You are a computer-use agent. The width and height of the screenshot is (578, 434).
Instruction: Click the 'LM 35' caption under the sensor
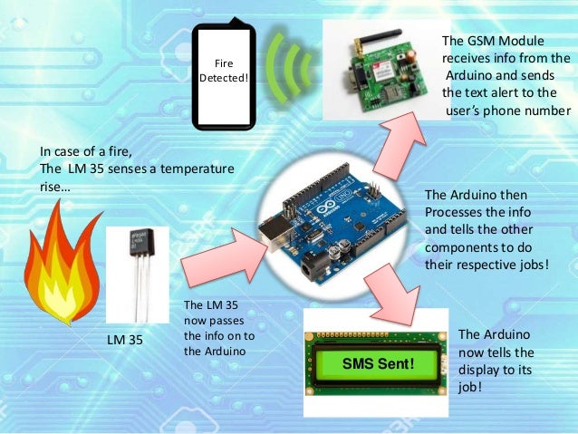coord(126,340)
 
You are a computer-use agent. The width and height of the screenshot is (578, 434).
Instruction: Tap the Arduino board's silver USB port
coord(272,231)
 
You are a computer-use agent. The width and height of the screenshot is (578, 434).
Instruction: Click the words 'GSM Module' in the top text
coord(503,42)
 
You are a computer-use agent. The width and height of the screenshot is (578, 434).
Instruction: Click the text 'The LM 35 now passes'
coord(216,313)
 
